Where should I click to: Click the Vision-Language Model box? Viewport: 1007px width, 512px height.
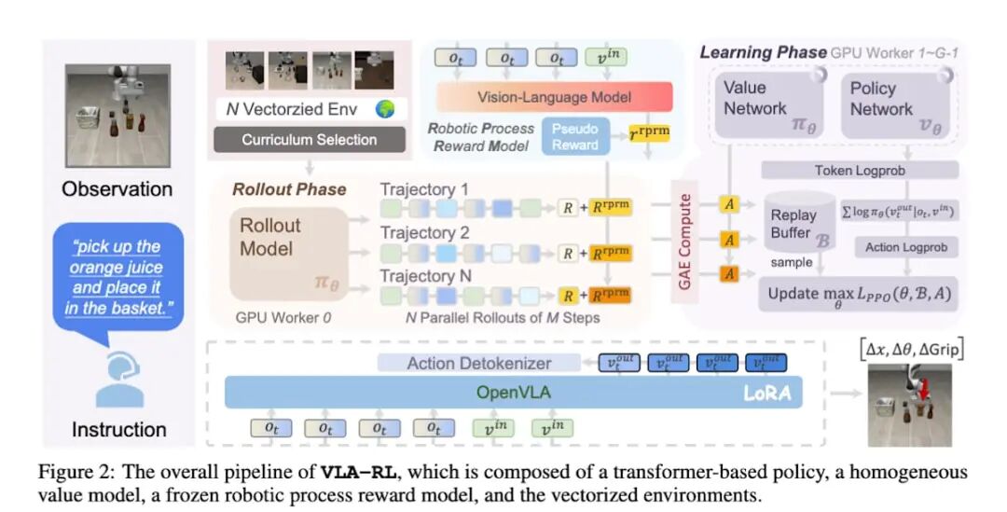click(554, 96)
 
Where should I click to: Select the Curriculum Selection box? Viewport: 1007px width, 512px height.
click(310, 140)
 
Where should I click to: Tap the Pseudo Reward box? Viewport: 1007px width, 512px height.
click(576, 136)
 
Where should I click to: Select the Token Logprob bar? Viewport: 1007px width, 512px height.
click(861, 170)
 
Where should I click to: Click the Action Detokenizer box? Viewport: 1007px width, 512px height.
click(478, 363)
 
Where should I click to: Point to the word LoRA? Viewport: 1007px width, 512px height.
click(766, 394)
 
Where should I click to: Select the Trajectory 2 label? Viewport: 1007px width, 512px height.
click(424, 232)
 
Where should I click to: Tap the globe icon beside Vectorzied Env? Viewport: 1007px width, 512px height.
click(385, 109)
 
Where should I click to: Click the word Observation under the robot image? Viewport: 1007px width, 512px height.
click(117, 189)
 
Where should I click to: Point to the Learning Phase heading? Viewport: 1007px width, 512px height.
click(762, 52)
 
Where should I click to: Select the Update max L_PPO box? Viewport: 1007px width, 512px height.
click(861, 295)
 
